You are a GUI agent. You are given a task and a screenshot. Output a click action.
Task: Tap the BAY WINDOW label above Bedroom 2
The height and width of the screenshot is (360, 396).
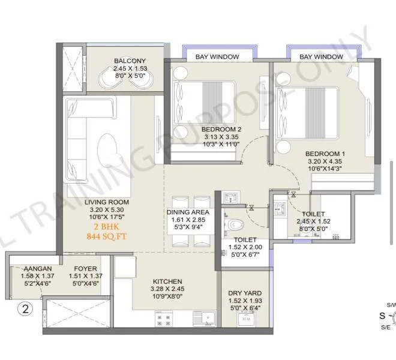tap(217, 57)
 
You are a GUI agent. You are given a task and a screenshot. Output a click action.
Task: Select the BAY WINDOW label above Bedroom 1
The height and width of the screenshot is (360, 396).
tap(321, 57)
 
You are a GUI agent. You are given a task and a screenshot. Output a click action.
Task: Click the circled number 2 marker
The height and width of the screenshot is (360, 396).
tap(25, 310)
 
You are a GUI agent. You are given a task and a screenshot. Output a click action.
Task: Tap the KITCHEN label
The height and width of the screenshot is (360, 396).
tap(167, 281)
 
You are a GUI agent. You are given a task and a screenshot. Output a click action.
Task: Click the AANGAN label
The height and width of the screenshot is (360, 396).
tap(38, 269)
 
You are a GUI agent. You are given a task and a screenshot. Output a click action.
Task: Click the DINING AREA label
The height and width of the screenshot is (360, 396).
tap(188, 212)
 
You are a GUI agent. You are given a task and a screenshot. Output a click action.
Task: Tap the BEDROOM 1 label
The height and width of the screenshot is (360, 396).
tap(325, 153)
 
